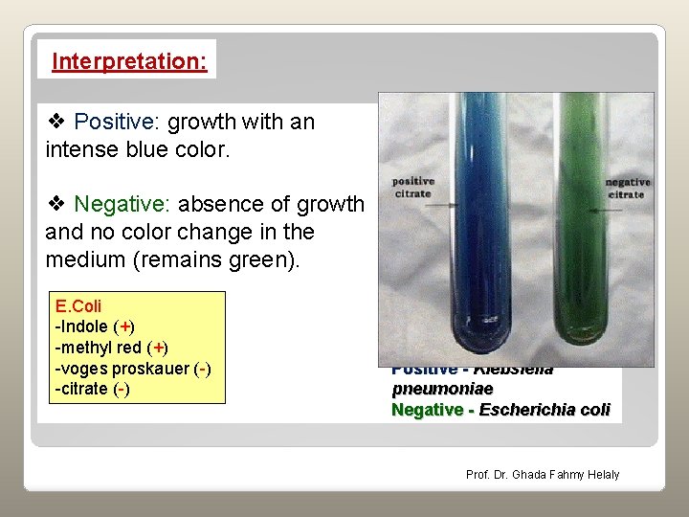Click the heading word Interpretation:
click(x=129, y=61)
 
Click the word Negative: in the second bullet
click(x=119, y=205)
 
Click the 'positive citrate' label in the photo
click(x=412, y=188)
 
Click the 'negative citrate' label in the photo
click(x=628, y=188)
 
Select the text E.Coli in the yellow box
click(x=78, y=307)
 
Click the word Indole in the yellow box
click(x=84, y=327)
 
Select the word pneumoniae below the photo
click(x=442, y=389)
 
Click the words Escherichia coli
click(x=544, y=410)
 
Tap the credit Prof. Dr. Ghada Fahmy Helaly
click(x=543, y=475)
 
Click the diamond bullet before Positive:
click(x=56, y=123)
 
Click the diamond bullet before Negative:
click(x=56, y=205)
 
